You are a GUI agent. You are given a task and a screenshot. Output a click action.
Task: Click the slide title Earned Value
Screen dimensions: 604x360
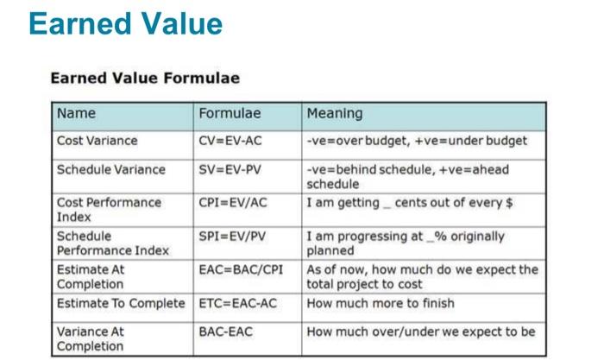[x=126, y=24]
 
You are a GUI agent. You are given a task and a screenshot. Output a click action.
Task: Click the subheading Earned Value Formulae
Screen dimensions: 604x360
[x=145, y=78]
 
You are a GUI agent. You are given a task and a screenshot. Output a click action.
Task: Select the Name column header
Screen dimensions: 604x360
[x=76, y=113]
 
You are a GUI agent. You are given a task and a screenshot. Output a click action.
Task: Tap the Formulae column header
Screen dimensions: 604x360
[x=230, y=113]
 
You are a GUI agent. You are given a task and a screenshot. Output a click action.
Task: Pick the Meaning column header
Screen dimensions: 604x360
[x=335, y=114]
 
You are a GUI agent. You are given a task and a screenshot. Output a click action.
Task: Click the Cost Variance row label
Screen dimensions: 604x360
[x=97, y=141]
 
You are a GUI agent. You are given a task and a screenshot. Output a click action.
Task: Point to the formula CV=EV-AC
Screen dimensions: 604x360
[x=230, y=141]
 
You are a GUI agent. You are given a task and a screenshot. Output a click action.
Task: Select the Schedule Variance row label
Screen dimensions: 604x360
[x=111, y=169]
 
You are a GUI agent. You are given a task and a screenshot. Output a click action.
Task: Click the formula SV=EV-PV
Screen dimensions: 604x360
[x=230, y=169]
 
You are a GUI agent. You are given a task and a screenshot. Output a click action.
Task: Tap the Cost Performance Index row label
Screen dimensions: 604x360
[x=109, y=210]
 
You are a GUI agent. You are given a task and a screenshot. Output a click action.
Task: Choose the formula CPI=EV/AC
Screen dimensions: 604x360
[x=233, y=203]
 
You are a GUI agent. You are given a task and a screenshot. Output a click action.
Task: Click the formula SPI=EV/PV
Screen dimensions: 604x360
[x=232, y=237]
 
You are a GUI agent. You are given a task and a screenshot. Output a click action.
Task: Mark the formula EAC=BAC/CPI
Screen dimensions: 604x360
[x=241, y=270]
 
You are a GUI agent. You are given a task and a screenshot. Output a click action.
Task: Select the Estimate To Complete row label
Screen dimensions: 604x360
[x=121, y=303]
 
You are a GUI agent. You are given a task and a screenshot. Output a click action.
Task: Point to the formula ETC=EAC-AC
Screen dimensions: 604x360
[x=237, y=303]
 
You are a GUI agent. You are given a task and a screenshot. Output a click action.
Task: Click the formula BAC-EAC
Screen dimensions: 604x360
[x=226, y=332]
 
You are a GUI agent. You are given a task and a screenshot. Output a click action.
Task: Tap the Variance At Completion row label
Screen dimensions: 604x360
[x=91, y=338]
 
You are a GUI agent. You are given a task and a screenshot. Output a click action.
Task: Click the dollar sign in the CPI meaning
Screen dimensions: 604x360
[x=509, y=203]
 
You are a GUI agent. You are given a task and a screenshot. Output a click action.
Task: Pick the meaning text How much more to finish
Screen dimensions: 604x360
[x=381, y=303]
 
